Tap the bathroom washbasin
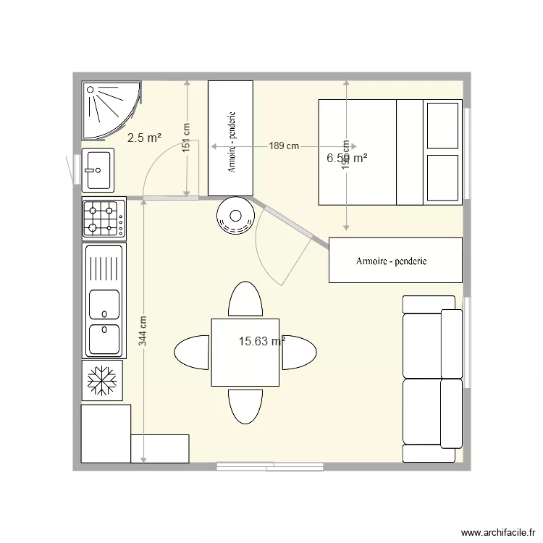click(x=97, y=170)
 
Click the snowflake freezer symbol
click(x=102, y=379)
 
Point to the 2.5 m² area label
click(x=144, y=138)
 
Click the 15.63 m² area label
click(x=261, y=342)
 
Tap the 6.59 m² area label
click(x=347, y=158)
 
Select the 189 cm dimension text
click(x=284, y=146)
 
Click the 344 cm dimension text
click(x=143, y=330)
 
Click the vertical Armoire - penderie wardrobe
click(x=230, y=138)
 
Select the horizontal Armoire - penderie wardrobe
click(x=395, y=260)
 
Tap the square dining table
click(x=245, y=353)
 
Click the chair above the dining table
click(x=245, y=299)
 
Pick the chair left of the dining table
click(x=192, y=353)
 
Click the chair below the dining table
click(x=245, y=406)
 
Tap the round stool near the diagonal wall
click(x=235, y=216)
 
